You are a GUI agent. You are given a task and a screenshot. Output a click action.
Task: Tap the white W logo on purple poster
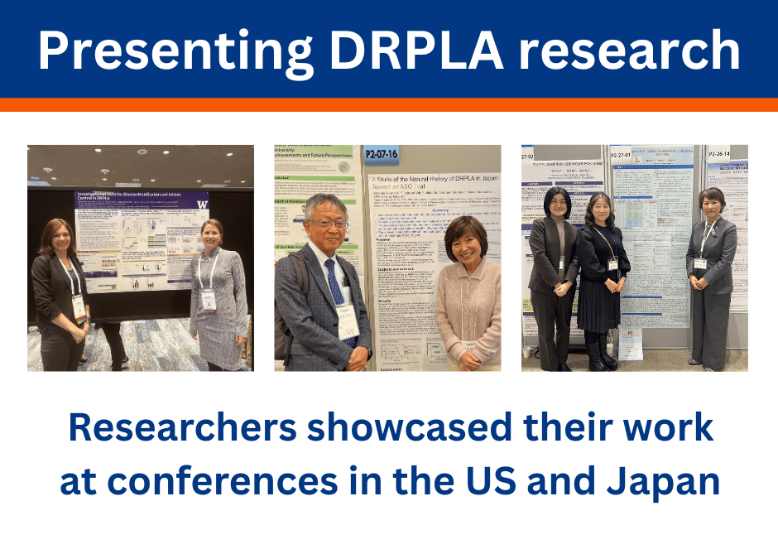[200, 202]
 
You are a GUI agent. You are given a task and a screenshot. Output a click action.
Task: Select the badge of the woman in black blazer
[79, 305]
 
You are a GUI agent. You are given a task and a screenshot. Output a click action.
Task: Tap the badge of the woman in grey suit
[701, 263]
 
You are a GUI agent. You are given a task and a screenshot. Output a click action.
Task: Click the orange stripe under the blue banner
[389, 104]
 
